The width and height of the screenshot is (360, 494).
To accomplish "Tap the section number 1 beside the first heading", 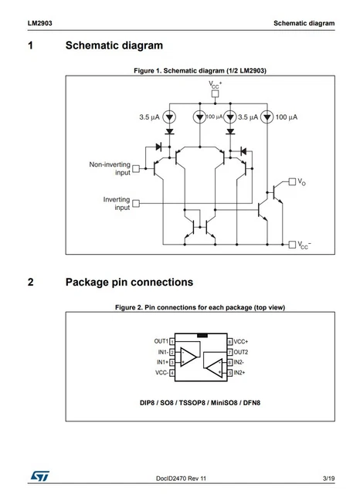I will [x=30, y=47].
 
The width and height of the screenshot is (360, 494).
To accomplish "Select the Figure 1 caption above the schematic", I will [x=200, y=71].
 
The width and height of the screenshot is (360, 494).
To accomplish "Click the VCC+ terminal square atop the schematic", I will [x=215, y=94].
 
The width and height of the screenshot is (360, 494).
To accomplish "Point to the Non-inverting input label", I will [x=110, y=168].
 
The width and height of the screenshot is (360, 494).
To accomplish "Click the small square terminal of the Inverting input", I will [x=137, y=204].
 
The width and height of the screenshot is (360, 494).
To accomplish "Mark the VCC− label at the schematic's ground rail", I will [x=304, y=245].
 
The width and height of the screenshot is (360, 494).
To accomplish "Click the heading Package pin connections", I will [x=129, y=282].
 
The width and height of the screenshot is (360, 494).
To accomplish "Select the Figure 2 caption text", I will [x=200, y=307].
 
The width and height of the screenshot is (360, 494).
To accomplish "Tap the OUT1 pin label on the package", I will [x=161, y=340].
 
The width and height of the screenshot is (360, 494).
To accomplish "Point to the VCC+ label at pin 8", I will [x=241, y=340].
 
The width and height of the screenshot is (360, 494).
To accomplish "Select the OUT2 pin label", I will [x=242, y=351].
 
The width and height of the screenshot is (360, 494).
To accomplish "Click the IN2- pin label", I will [x=239, y=361].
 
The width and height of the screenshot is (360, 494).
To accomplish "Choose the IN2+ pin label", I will [x=240, y=372].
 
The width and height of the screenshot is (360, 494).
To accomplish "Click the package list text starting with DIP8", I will [x=200, y=403].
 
